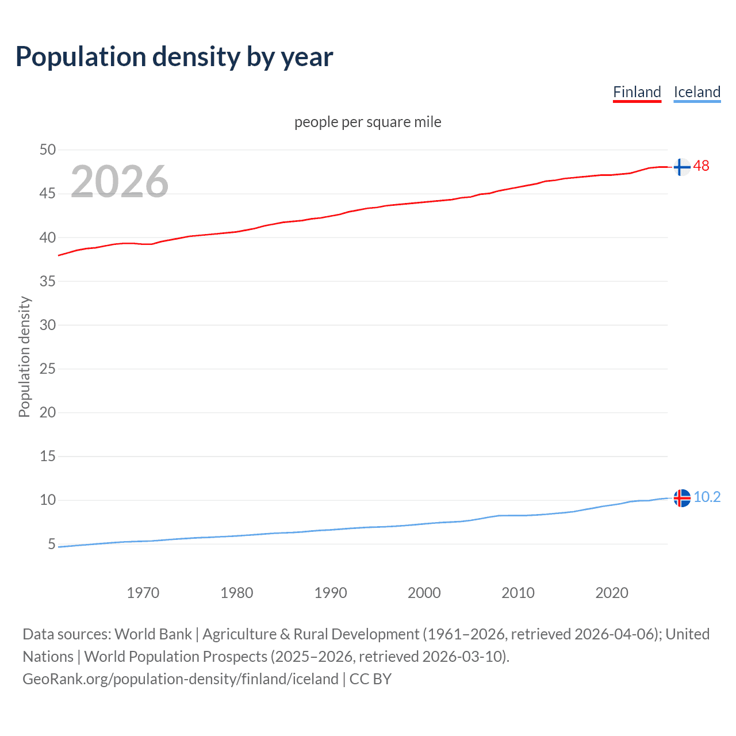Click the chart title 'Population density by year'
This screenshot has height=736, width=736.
pyautogui.click(x=174, y=57)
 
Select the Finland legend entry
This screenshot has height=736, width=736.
pyautogui.click(x=637, y=92)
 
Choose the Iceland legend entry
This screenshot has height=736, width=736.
pyautogui.click(x=697, y=92)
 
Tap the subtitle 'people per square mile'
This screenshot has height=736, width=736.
pyautogui.click(x=367, y=122)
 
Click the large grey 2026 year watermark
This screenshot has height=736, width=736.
pyautogui.click(x=120, y=182)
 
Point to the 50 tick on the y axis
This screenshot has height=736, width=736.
pyautogui.click(x=48, y=150)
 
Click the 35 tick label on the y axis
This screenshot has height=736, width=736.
pyautogui.click(x=48, y=281)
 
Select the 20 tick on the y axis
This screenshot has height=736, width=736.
pyautogui.click(x=48, y=412)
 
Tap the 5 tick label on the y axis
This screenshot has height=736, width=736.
pyautogui.click(x=52, y=544)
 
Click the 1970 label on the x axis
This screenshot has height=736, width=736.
pyautogui.click(x=143, y=593)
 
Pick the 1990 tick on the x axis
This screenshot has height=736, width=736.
pyautogui.click(x=331, y=593)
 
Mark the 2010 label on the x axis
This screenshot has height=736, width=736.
pyautogui.click(x=518, y=593)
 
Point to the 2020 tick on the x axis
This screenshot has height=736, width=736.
pyautogui.click(x=612, y=593)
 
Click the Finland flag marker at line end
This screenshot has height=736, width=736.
pyautogui.click(x=681, y=167)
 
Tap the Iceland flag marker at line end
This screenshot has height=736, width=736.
pyautogui.click(x=682, y=498)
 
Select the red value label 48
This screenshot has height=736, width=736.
pyautogui.click(x=701, y=166)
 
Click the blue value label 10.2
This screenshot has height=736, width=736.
pyautogui.click(x=707, y=497)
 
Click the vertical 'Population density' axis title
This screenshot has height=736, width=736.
pyautogui.click(x=24, y=356)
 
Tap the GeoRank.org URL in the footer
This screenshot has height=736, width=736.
pyautogui.click(x=180, y=679)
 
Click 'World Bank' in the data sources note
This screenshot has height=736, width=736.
pyautogui.click(x=153, y=634)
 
